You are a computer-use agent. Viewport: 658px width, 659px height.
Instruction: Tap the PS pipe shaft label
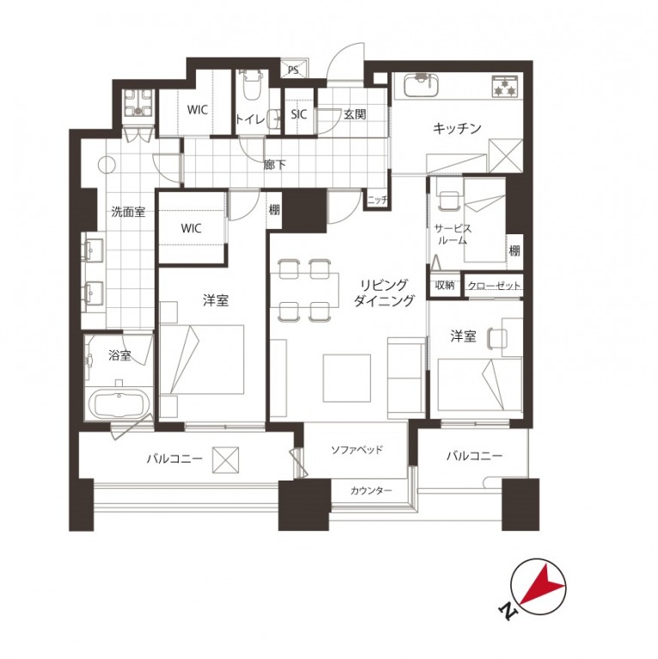(x=293, y=70)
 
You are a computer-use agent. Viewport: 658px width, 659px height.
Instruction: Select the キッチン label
(x=457, y=128)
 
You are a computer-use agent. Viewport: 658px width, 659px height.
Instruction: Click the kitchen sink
(x=421, y=86)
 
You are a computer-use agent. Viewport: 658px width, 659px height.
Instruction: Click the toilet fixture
(x=253, y=85)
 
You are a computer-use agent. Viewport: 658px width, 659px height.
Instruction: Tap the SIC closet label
(x=299, y=114)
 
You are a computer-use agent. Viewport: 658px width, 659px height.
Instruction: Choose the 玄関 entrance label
(x=355, y=114)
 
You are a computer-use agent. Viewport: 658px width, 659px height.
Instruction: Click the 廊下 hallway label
(x=275, y=165)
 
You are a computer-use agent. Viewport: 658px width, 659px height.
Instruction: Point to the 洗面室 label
(x=128, y=211)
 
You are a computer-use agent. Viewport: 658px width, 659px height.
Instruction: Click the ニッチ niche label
(x=377, y=201)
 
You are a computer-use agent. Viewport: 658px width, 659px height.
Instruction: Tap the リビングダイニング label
(x=384, y=293)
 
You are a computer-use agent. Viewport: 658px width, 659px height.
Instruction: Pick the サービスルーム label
(x=453, y=234)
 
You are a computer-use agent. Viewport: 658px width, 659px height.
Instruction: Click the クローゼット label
(x=494, y=286)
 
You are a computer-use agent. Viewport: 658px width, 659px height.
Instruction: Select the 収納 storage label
(x=445, y=285)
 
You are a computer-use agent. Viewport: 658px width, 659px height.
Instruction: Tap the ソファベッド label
(x=356, y=450)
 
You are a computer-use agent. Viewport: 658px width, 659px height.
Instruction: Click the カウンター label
(x=371, y=490)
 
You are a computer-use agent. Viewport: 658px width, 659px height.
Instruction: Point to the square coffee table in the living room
(x=347, y=378)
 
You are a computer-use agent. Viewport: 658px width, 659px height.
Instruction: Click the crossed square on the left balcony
(x=225, y=460)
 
